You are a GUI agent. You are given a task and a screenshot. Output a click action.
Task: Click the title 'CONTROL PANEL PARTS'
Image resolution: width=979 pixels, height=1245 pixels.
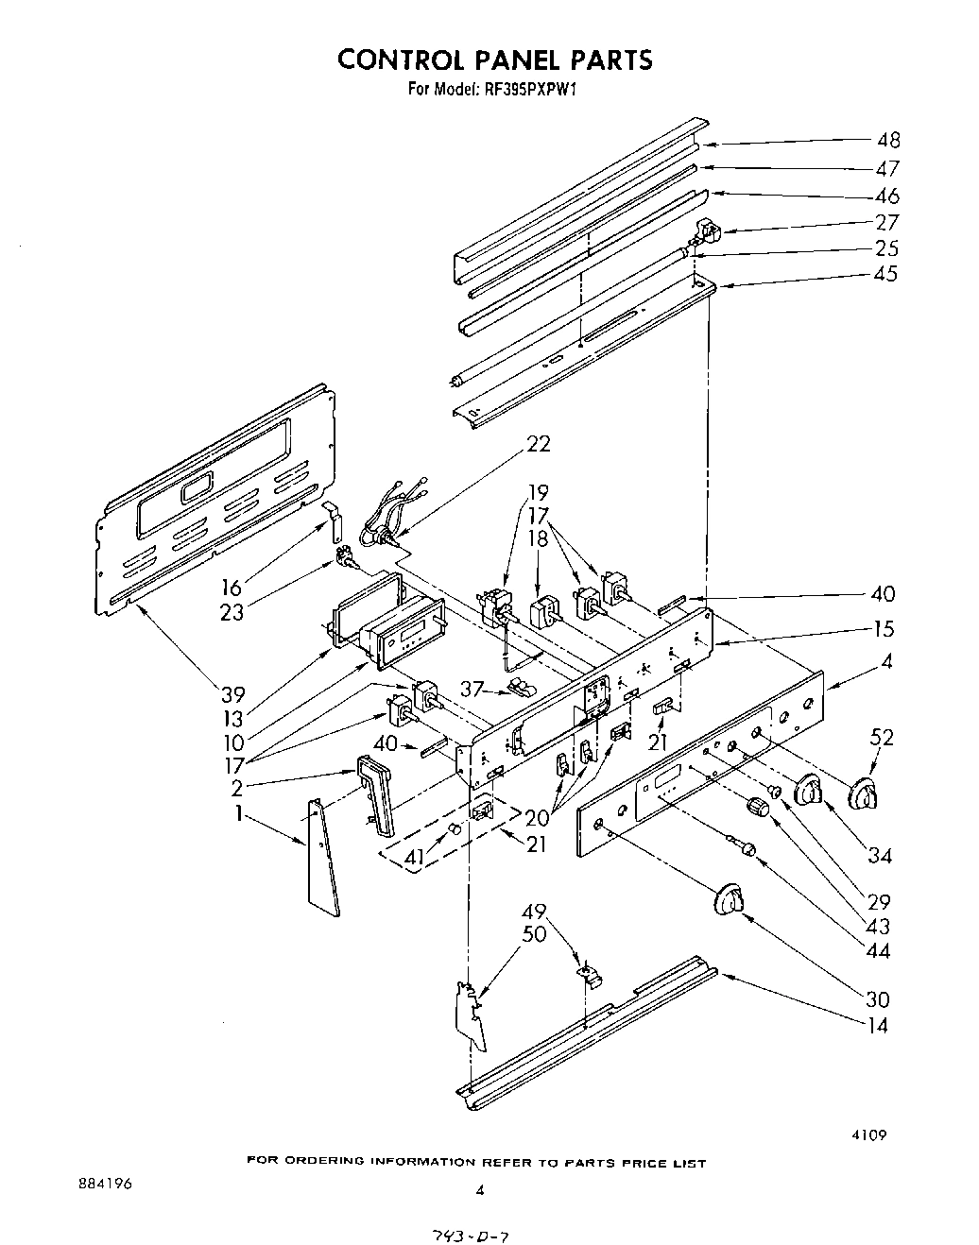pos(495,60)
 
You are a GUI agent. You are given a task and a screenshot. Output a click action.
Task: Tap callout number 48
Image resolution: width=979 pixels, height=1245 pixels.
pos(887,141)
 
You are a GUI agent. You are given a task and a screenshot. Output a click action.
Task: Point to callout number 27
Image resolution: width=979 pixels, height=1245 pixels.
pos(887,223)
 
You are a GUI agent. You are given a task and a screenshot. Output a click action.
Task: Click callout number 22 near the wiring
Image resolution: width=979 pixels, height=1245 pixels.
pos(539,444)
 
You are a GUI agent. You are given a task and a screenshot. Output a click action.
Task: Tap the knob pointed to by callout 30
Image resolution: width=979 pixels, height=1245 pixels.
pos(727,899)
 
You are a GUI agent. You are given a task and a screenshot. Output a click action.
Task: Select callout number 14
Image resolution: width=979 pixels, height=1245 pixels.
pos(879,1026)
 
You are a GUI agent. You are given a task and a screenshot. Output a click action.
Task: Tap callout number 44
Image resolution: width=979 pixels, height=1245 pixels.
pos(879,950)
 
